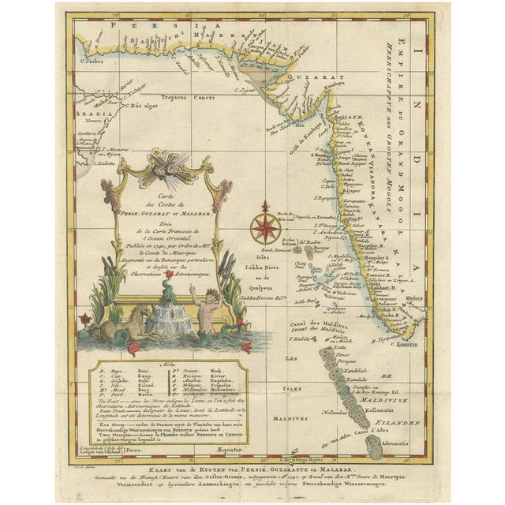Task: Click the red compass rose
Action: tap(265, 227)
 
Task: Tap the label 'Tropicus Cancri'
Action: tap(181, 96)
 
